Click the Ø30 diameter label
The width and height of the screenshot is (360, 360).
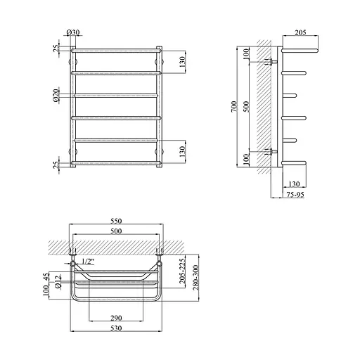[x=73, y=32]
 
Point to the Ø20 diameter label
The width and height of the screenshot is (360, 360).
[x=56, y=96]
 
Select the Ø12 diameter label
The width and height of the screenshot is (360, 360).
[x=58, y=282]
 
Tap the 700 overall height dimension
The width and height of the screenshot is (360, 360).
[x=234, y=106]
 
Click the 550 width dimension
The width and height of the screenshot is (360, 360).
[x=116, y=221]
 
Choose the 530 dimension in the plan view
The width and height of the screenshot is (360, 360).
[x=116, y=328]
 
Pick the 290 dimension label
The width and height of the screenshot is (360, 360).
[x=116, y=318]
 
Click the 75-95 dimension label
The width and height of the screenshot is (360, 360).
[x=295, y=195]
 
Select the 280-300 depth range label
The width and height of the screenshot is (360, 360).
[x=195, y=278]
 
